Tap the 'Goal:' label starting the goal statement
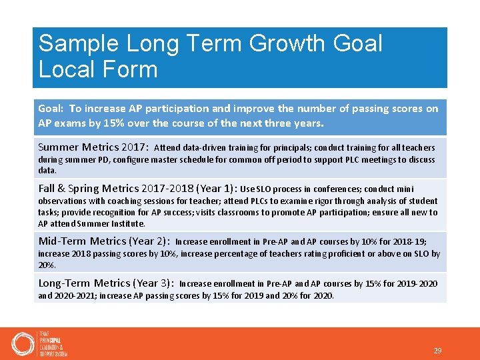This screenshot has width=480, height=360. [x=51, y=109]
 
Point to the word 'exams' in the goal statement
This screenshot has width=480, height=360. [x=73, y=123]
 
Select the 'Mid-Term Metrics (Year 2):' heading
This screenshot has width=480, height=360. [x=104, y=241]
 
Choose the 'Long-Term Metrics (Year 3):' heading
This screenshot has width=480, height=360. [x=106, y=283]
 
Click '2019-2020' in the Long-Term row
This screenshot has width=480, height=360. [x=416, y=284]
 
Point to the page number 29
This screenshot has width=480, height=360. [x=437, y=351]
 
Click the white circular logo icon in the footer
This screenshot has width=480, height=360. [x=23, y=344]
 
